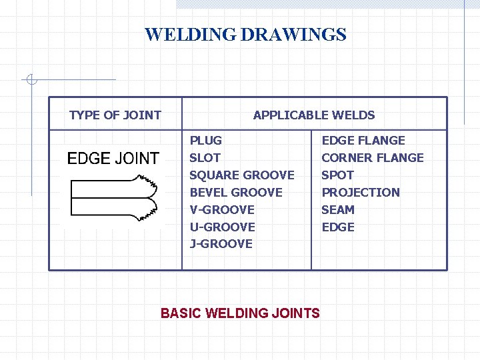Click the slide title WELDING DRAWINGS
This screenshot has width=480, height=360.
(245, 34)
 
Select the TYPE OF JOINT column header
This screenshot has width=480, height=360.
(115, 115)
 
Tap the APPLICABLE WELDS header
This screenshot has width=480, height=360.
(314, 115)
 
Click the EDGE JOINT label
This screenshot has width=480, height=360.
(113, 158)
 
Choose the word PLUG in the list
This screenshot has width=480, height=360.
(206, 141)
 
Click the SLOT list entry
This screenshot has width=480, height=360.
(205, 158)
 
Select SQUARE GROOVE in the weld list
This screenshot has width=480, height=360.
(242, 175)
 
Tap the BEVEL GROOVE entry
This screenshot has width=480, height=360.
(236, 193)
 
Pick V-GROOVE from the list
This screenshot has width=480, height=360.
(222, 209)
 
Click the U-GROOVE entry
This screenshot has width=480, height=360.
(223, 227)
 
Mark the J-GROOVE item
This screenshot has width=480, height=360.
(221, 244)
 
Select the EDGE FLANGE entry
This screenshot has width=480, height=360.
(363, 141)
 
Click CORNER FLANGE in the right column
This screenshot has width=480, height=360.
(373, 158)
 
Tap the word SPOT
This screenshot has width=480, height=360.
(338, 175)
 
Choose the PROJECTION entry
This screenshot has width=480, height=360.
(361, 193)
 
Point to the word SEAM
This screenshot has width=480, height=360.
(338, 209)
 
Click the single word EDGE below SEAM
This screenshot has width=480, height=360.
(338, 227)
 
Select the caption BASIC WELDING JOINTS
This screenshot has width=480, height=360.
(240, 313)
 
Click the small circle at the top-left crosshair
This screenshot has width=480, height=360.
(31, 81)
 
